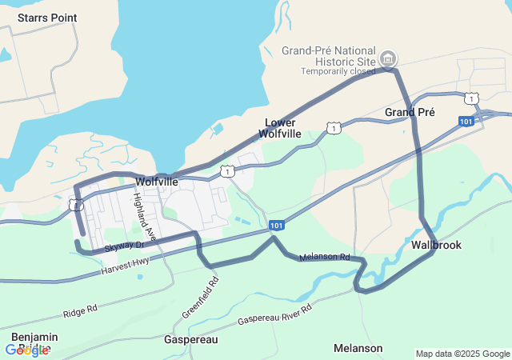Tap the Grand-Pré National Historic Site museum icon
coord(388,58)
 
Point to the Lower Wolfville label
coord(282,128)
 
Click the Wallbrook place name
coord(436,245)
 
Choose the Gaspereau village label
coord(190,340)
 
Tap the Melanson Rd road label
coord(324,258)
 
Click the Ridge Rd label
coord(80,307)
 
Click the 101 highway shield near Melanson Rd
coord(276,226)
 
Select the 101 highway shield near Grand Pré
coord(466,121)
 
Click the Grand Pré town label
coord(410,112)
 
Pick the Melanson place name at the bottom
coord(358,348)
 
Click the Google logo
coord(26,350)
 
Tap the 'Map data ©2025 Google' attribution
coord(462,354)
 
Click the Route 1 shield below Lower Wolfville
coord(333,127)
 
